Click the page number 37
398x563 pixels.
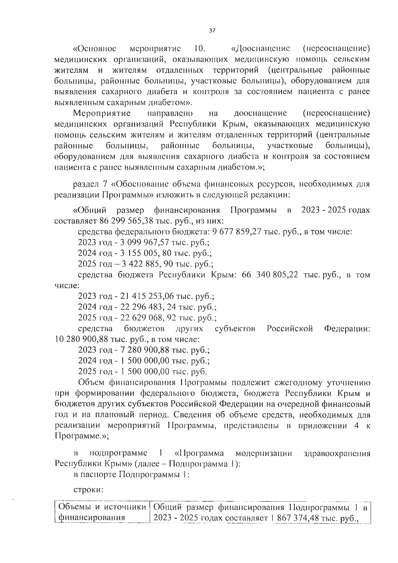(212, 31)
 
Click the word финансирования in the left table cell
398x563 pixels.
(92, 527)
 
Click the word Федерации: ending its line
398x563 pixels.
(347, 329)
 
